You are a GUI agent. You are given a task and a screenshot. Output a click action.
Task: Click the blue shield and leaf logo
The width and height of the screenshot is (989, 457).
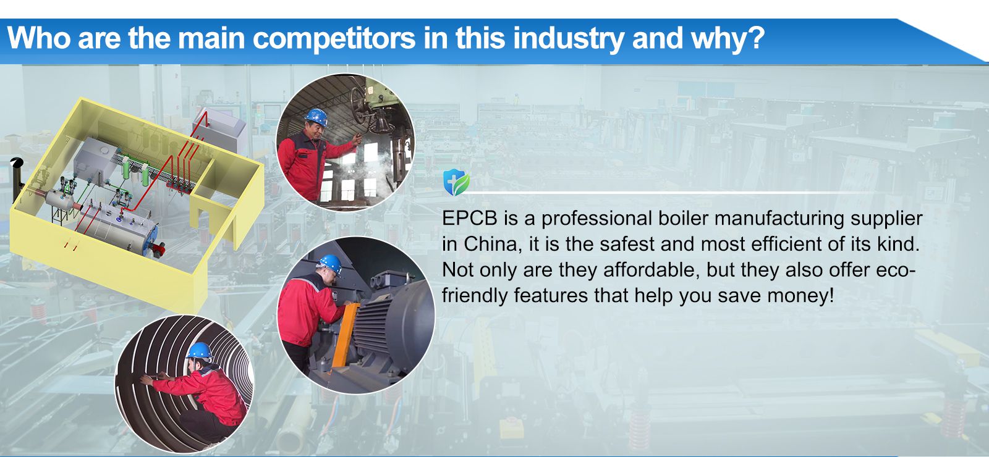456,182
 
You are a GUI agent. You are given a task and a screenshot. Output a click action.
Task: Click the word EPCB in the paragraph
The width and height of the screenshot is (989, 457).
469,219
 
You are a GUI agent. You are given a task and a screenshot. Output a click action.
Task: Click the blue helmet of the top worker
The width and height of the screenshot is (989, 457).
316,117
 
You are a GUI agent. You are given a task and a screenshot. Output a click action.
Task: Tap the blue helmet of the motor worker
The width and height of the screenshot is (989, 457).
331,263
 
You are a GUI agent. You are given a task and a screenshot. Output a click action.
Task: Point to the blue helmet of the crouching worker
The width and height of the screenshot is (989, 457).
200,351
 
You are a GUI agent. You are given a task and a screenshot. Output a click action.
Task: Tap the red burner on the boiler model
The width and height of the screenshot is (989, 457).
158,248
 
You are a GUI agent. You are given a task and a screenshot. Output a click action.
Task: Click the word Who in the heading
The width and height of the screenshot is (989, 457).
39,38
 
